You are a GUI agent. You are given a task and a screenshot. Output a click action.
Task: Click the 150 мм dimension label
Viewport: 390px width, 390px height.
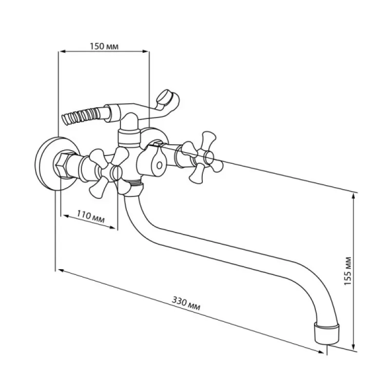pyautogui.click(x=104, y=46)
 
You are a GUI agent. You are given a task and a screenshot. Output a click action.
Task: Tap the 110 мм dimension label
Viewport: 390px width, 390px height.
pyautogui.click(x=91, y=216)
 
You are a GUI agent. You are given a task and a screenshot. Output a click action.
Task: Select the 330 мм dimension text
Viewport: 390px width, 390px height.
pyautogui.click(x=186, y=303)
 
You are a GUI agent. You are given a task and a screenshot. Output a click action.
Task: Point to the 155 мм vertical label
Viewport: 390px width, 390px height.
pyautogui.click(x=348, y=271)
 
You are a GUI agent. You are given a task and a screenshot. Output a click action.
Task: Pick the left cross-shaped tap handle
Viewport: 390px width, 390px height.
pyautogui.click(x=109, y=172)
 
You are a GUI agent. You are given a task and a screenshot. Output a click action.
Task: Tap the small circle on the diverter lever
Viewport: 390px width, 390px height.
pyautogui.click(x=159, y=165)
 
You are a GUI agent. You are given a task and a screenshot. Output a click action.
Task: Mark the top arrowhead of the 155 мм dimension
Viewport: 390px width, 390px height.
pyautogui.click(x=353, y=197)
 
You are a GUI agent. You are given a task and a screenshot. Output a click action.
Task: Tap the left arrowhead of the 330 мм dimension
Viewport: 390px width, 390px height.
pyautogui.click(x=61, y=271)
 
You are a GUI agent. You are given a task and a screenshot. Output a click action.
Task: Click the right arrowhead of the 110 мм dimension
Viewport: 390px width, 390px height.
pyautogui.click(x=113, y=227)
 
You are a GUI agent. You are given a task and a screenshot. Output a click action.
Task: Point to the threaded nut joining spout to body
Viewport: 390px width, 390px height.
pyautogui.click(x=133, y=190)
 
